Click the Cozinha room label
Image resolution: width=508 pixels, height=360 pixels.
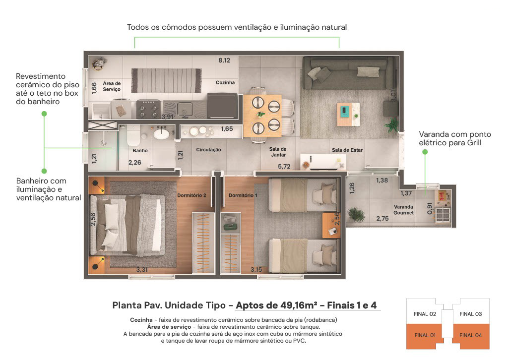[x=225, y=82]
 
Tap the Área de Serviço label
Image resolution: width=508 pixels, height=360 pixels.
[x=112, y=86]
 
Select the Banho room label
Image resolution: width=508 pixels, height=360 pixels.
[x=140, y=151]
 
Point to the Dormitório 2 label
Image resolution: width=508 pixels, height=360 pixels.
[x=191, y=195]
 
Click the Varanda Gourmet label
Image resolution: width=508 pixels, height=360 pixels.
[x=404, y=210]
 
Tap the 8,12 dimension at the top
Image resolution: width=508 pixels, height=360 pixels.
[x=224, y=60]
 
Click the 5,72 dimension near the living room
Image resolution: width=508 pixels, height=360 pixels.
[x=284, y=167]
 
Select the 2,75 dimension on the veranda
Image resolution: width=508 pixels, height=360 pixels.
[x=382, y=219]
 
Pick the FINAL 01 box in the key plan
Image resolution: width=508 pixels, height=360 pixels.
[x=425, y=336]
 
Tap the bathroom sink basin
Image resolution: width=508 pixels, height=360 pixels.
[x=161, y=133]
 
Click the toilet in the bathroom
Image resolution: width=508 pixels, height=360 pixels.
[x=133, y=136]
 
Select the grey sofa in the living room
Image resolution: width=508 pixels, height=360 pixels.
[x=349, y=73]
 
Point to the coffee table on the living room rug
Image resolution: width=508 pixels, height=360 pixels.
[x=349, y=114]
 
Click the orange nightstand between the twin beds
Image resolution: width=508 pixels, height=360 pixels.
[x=331, y=225]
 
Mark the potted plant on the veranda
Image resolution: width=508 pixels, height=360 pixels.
[x=356, y=214]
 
